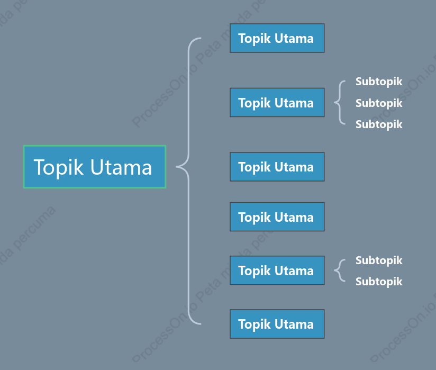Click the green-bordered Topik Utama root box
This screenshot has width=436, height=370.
[x=95, y=167]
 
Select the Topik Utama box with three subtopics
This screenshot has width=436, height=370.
[x=277, y=102]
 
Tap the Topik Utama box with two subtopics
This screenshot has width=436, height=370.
[x=277, y=270]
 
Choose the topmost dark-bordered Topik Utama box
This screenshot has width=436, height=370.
[x=277, y=38]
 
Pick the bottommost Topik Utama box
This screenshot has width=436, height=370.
[x=277, y=324]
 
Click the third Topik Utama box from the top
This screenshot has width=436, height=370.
[x=277, y=167]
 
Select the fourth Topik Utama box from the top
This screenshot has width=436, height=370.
[x=277, y=216]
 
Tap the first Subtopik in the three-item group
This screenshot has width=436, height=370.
[x=379, y=82]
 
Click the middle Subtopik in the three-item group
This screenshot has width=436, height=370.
[x=379, y=103]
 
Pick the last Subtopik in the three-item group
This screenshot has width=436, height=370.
[x=379, y=124]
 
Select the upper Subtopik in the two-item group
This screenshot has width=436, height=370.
[x=379, y=260]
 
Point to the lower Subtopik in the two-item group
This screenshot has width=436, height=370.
[x=379, y=282]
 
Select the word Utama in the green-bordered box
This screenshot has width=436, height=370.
[x=121, y=167]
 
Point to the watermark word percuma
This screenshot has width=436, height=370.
[x=34, y=228]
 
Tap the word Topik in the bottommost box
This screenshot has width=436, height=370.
[x=255, y=324]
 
